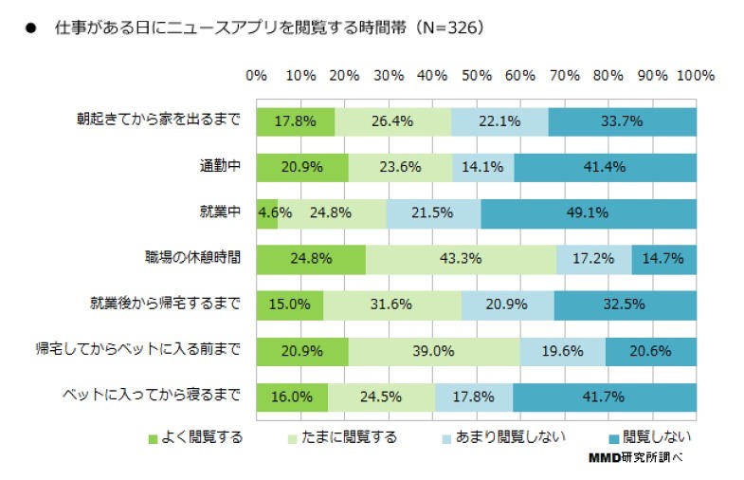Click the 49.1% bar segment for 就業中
[x=589, y=212]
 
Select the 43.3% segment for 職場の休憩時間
[x=462, y=258]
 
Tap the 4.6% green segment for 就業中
[x=266, y=212]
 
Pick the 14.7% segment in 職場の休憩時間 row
[x=664, y=258]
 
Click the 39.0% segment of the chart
[x=434, y=350]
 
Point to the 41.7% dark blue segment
[x=605, y=396]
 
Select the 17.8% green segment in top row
[x=295, y=120]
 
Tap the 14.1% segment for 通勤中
[x=483, y=166]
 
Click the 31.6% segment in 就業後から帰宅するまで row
[x=392, y=304]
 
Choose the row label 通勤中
[x=214, y=166]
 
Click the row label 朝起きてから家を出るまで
[x=159, y=120]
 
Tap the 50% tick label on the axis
[x=477, y=75]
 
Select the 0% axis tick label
[x=256, y=75]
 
